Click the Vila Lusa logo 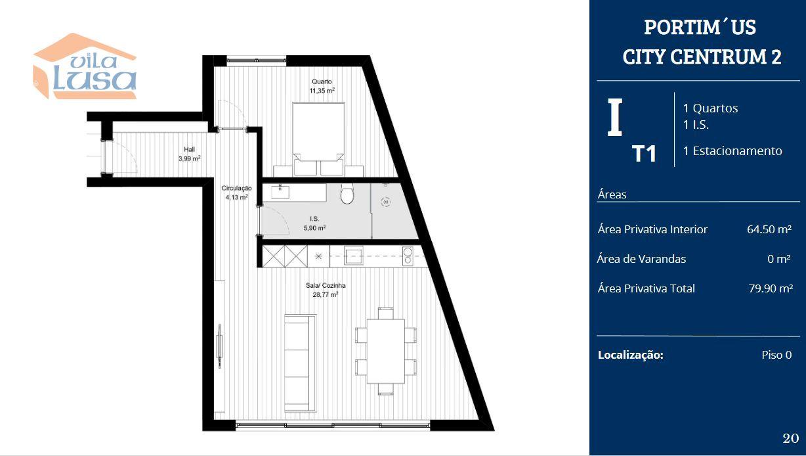(85, 66)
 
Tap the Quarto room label (322, 81)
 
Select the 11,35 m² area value (322, 91)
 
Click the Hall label (189, 149)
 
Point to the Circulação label (236, 188)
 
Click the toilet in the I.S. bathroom (347, 194)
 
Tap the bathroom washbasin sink (280, 192)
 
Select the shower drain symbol (386, 202)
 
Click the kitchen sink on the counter (353, 256)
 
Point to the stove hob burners (408, 256)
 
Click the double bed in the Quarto (318, 139)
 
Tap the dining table (386, 351)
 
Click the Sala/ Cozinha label (326, 286)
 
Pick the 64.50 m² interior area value (769, 229)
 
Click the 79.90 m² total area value (771, 288)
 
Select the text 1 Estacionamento (732, 151)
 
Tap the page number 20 (790, 438)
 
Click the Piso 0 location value (776, 355)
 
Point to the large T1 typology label (644, 154)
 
